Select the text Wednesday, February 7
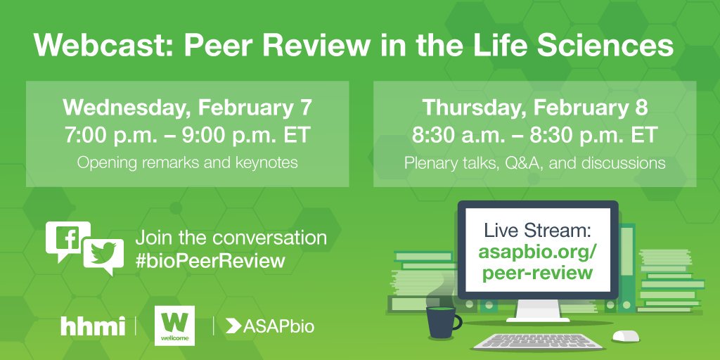[x=187, y=108]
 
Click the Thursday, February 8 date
[x=534, y=108]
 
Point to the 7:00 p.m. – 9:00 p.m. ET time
[x=187, y=136]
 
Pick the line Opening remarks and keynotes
[x=187, y=162]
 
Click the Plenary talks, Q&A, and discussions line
[x=534, y=162]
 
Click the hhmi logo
[x=92, y=326]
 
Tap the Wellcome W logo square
[x=174, y=326]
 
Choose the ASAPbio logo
[x=270, y=326]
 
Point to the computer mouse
[x=625, y=336]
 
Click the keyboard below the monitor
[x=538, y=342]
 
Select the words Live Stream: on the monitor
[x=537, y=231]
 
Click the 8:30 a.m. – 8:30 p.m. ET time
[x=534, y=136]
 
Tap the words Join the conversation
[x=231, y=238]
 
